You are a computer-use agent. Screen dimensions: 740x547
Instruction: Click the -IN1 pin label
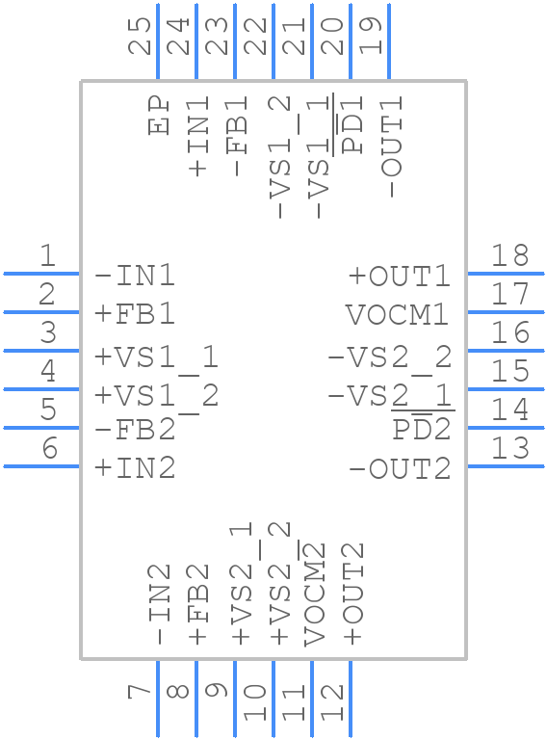[135, 277]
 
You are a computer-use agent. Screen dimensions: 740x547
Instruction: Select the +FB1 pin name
[135, 315]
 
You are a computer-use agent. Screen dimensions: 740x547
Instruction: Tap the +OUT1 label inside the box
[399, 277]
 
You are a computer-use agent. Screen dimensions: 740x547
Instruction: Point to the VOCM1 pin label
[398, 315]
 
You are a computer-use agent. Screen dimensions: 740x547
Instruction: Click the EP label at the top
[160, 116]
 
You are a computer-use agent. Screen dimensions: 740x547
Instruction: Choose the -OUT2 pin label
[399, 469]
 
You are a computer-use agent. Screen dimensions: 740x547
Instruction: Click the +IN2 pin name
[135, 469]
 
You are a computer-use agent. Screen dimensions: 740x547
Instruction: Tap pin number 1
[47, 256]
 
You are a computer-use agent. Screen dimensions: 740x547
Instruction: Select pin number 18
[510, 256]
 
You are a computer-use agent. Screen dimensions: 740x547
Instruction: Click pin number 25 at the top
[141, 37]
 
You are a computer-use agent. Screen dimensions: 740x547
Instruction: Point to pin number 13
[510, 449]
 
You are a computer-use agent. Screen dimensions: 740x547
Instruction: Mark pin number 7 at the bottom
[141, 691]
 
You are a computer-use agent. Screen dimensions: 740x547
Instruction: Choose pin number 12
[332, 701]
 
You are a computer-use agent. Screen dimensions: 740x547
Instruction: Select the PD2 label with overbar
[422, 429]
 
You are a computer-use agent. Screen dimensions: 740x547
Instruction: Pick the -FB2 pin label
[135, 431]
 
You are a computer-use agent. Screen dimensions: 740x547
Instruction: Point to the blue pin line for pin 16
[505, 351]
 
